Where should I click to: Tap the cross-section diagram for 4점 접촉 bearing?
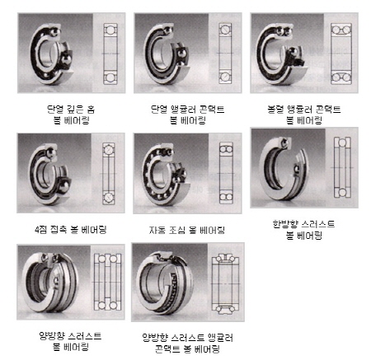[x=109, y=175]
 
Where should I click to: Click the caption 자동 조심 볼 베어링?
[x=186, y=228]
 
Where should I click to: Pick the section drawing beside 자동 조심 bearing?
[x=224, y=175]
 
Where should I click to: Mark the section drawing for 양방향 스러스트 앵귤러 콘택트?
[x=225, y=281]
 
